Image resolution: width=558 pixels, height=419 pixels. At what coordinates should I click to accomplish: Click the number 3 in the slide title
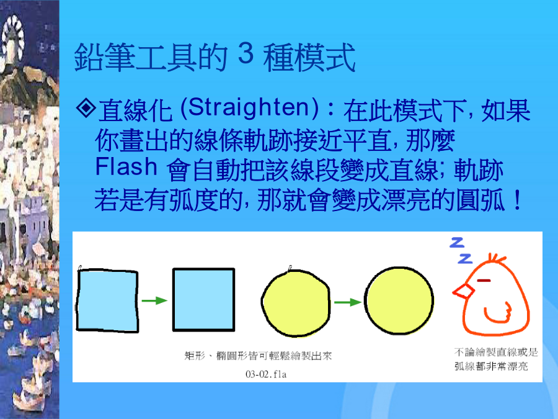point(246,53)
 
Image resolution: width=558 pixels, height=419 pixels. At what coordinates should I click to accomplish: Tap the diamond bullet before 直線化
point(86,108)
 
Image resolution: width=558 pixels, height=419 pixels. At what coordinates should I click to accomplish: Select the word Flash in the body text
point(126,166)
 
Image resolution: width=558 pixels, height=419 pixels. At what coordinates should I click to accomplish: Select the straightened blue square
point(203,300)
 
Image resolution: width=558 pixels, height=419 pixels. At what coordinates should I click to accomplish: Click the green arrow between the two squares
point(154,300)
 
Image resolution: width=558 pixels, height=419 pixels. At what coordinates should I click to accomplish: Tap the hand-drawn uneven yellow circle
point(296,303)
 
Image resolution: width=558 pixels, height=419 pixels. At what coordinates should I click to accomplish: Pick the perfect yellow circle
point(399,301)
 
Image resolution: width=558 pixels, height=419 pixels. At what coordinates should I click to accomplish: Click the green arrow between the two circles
point(348,302)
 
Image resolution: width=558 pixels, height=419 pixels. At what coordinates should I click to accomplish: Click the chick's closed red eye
point(484,281)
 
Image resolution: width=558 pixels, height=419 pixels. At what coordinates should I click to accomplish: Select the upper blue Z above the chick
point(458,242)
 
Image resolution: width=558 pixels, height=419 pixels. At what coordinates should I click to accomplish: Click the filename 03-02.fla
point(266,374)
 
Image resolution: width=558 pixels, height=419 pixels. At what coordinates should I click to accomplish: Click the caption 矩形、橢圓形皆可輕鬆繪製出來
point(258,356)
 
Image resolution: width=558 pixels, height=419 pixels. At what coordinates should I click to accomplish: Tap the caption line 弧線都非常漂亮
point(491,366)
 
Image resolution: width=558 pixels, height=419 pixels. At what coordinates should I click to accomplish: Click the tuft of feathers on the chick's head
point(497,258)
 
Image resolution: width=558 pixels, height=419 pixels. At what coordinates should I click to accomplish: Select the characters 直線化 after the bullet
point(135,110)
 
